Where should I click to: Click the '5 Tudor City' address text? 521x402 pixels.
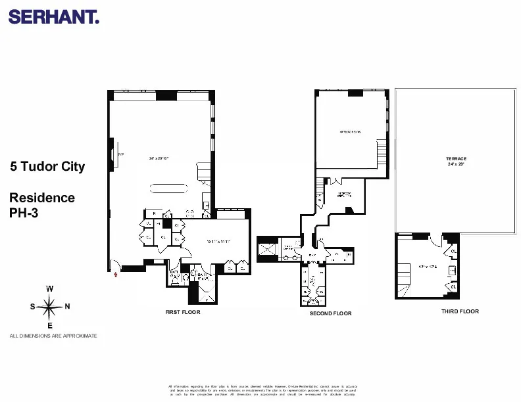47,167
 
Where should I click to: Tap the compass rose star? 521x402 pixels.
50,306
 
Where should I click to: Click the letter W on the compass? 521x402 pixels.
50,289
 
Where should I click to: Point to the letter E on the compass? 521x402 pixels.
50,324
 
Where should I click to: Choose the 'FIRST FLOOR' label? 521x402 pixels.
182,313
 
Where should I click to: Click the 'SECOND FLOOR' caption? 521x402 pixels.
330,314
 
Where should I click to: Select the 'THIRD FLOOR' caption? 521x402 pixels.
460,311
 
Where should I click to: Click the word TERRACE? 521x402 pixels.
456,160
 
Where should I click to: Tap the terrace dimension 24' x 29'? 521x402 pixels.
456,165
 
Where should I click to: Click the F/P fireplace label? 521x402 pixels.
120,155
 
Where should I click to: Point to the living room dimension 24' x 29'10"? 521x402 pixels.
159,158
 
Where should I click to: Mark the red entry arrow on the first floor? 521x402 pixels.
116,275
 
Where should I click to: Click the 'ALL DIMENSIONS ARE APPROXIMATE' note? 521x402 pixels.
53,336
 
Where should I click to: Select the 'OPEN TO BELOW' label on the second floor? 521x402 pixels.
350,132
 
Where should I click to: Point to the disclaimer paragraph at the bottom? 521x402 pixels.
262,390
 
